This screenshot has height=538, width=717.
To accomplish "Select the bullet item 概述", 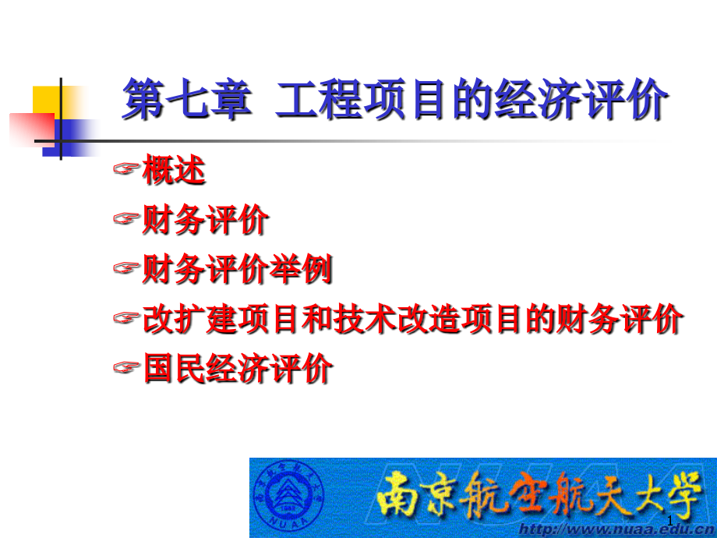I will point(174,171).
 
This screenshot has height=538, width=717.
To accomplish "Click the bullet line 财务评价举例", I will point(237,271).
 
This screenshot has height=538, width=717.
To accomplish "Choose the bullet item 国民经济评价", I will point(237,369).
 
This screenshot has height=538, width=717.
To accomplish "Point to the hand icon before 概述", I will point(125,170).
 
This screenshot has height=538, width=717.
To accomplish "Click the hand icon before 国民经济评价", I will point(125,368).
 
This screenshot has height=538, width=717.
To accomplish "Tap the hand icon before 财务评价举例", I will point(125,270).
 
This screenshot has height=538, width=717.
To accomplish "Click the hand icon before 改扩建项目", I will point(125,319).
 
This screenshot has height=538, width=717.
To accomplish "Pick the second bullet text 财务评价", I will point(206,221).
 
